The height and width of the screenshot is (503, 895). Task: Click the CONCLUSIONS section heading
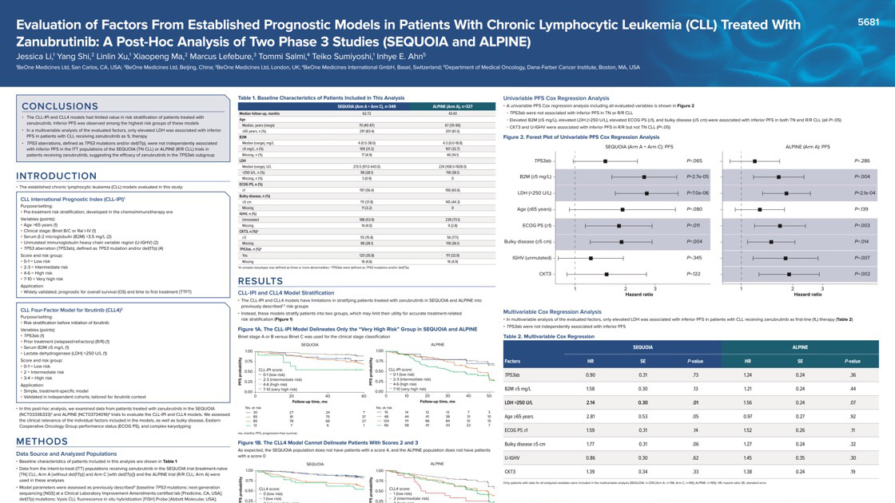click(60, 106)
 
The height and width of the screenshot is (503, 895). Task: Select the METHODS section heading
click(42, 442)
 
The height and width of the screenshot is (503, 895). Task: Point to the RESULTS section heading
click(261, 281)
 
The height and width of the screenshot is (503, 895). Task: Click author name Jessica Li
click(36, 57)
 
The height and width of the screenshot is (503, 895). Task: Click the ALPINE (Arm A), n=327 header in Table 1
click(452, 106)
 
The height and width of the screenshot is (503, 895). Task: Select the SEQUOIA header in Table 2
click(642, 347)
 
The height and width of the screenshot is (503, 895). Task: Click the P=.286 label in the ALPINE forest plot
click(861, 160)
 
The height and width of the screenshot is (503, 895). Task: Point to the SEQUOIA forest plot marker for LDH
click(647, 193)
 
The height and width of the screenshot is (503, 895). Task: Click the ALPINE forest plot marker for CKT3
click(789, 274)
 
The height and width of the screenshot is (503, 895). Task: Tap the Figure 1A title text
click(348, 329)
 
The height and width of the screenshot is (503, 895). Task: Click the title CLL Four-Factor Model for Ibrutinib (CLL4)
click(71, 309)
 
